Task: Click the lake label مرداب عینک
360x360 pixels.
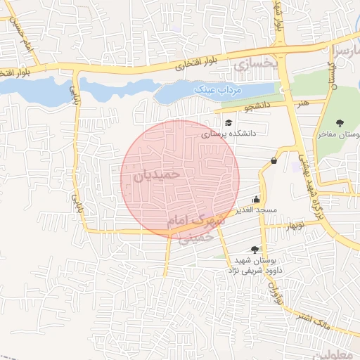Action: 216,91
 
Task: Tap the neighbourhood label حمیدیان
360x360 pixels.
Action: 156,174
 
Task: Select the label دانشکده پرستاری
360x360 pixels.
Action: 229,133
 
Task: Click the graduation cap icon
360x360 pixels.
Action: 229,123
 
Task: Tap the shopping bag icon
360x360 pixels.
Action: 274,161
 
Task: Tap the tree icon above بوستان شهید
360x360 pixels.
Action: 254,249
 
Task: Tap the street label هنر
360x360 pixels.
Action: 303,103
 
